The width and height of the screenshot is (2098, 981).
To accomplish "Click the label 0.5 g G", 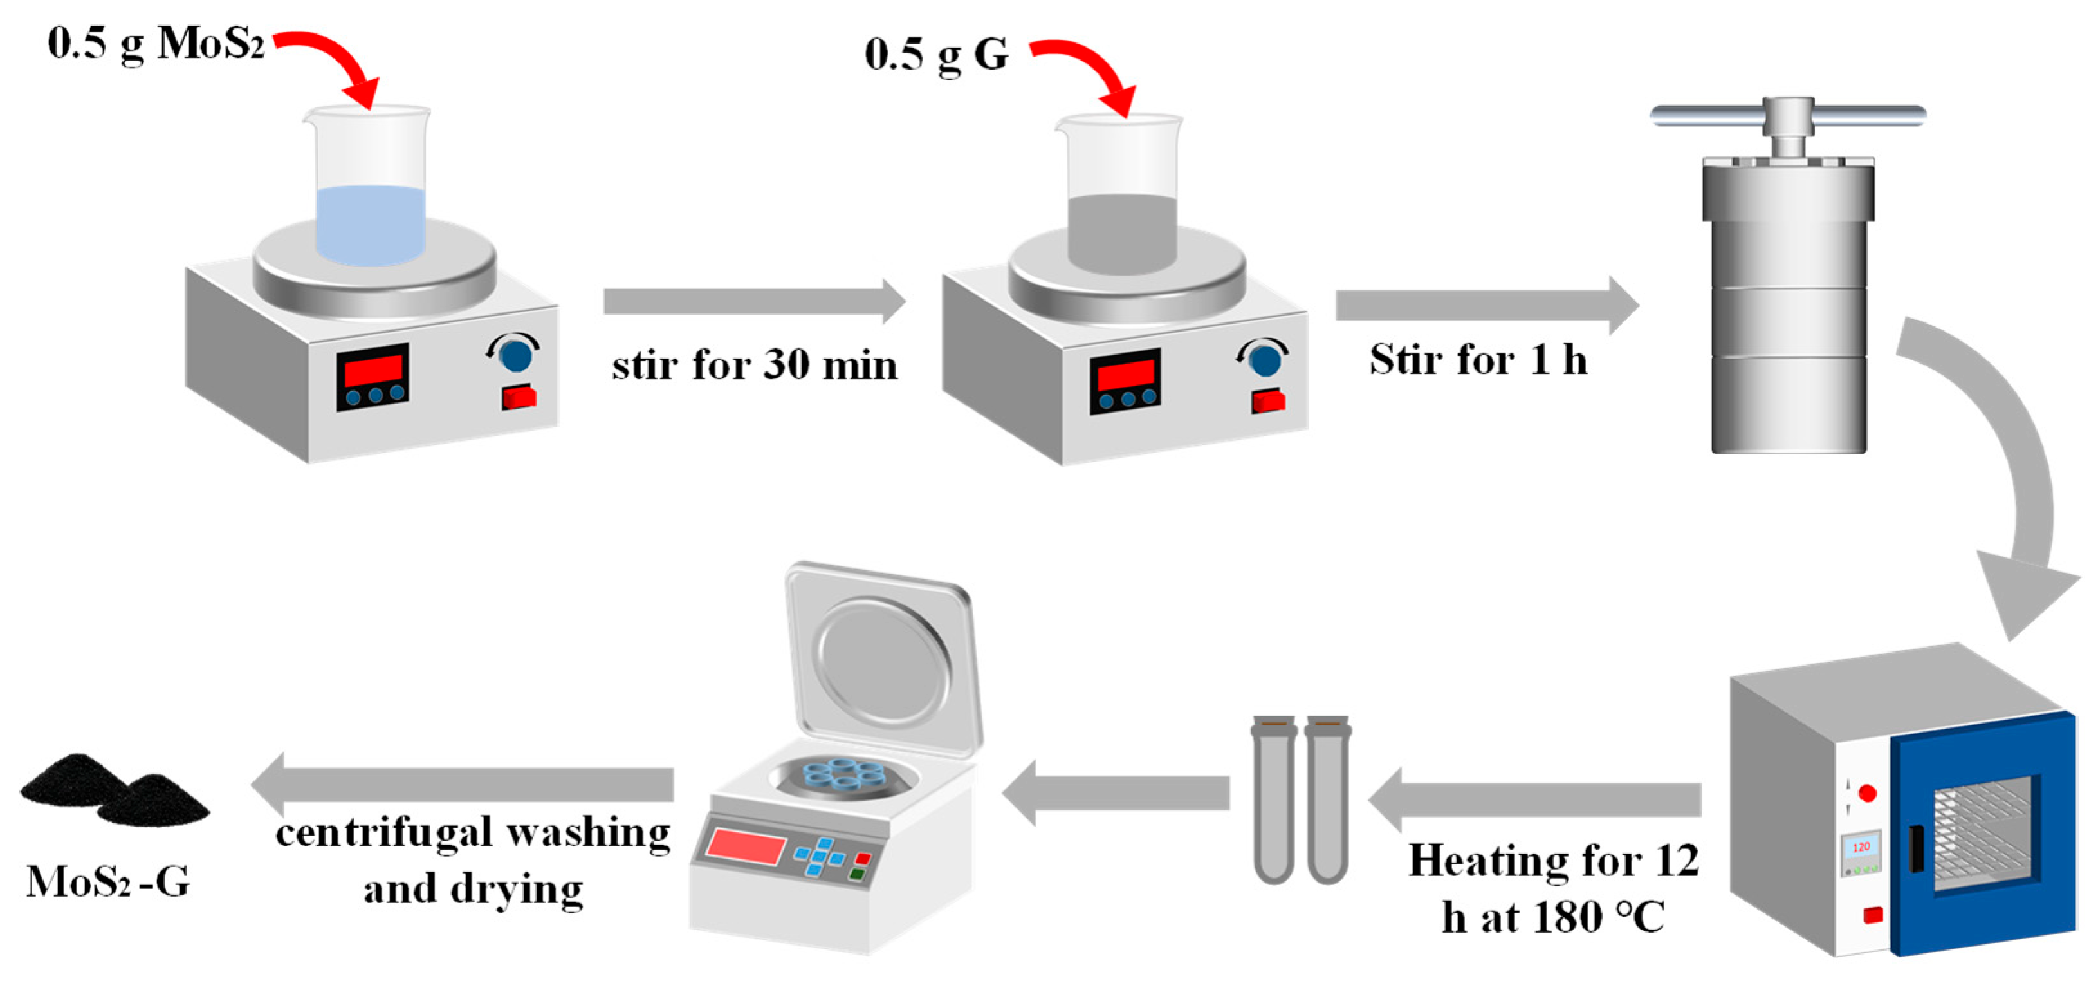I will (936, 55).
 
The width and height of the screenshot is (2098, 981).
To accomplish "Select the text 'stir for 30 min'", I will (754, 364).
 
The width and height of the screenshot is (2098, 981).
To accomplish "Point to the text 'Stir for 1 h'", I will (1478, 359).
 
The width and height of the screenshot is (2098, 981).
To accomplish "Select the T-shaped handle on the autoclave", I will (1788, 117).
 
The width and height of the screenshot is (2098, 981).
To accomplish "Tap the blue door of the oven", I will (1984, 831).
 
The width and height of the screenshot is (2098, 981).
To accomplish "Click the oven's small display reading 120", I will (1861, 848).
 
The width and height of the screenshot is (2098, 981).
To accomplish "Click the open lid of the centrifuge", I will (884, 656).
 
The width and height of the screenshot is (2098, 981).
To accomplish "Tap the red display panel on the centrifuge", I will (744, 845).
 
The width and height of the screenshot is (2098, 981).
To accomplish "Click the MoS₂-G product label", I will (108, 882).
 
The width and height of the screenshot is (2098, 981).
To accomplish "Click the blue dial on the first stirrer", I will (515, 355).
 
